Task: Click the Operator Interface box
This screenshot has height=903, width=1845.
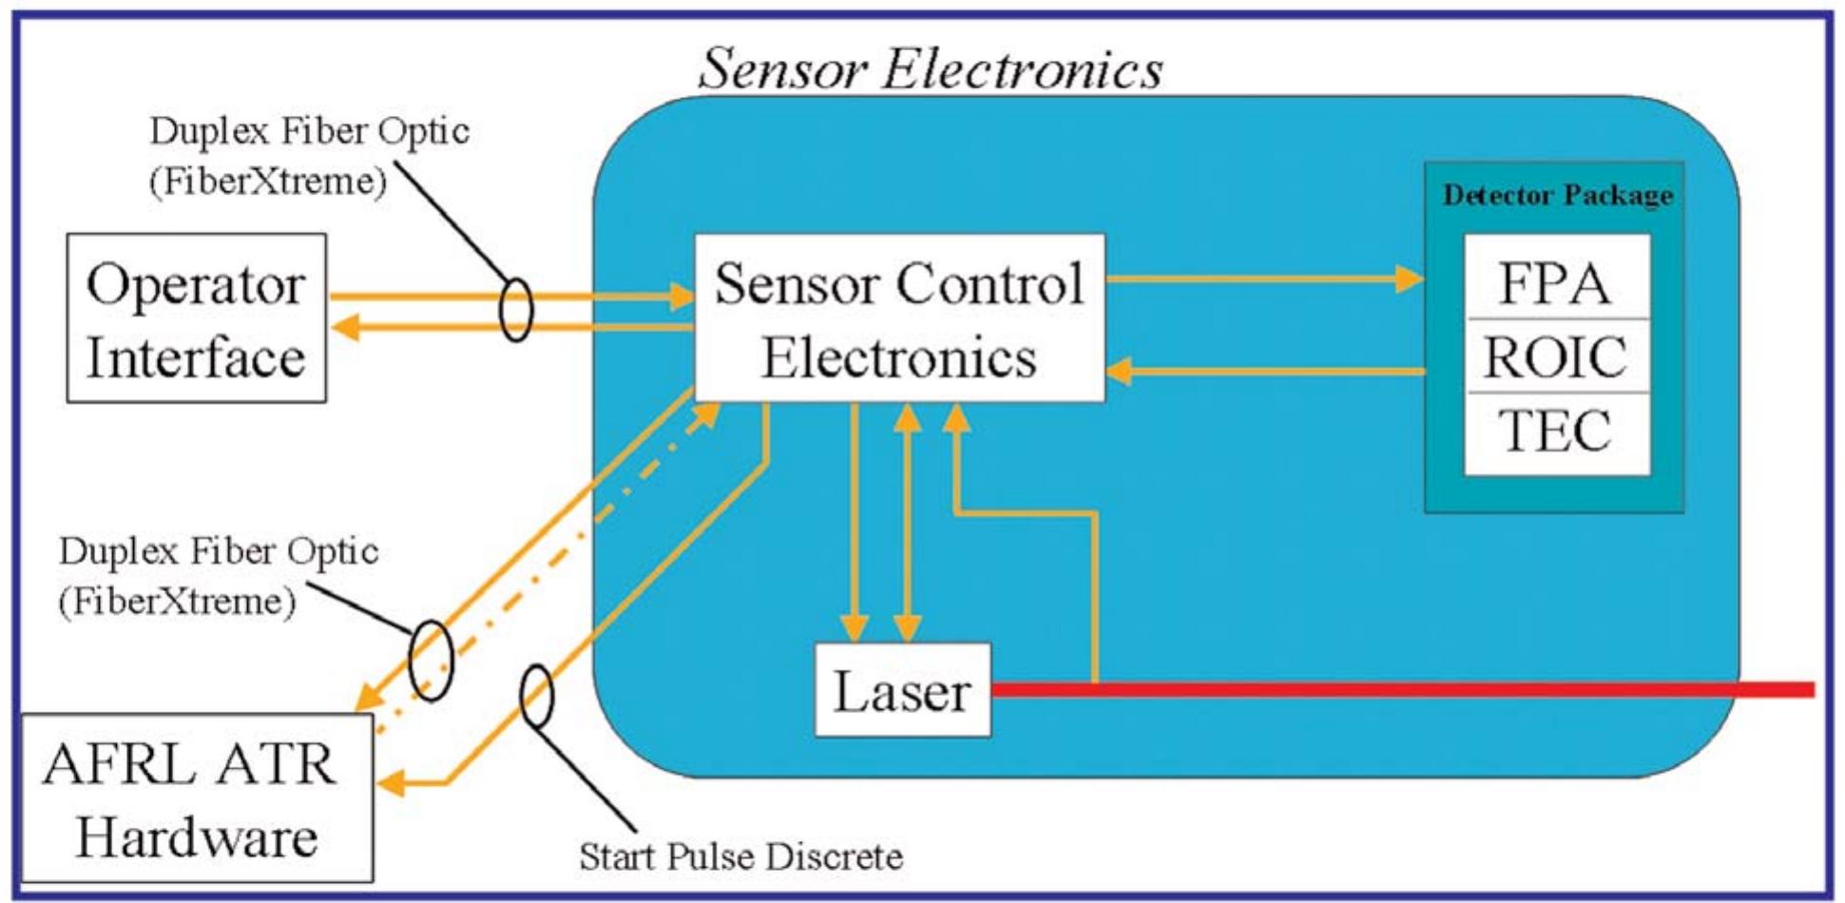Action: [x=196, y=318]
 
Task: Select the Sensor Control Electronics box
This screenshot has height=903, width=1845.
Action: [x=899, y=318]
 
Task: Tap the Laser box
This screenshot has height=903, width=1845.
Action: [x=902, y=691]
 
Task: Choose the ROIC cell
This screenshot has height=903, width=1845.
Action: [x=1555, y=356]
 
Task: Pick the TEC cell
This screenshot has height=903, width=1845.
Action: [x=1555, y=431]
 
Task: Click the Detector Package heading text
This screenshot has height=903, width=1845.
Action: [x=1557, y=195]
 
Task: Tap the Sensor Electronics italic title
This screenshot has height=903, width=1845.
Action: [x=930, y=69]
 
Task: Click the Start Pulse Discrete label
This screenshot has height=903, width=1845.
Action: [x=740, y=856]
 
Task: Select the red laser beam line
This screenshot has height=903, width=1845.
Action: [x=1397, y=689]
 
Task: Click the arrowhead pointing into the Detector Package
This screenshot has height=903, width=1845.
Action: [x=1410, y=279]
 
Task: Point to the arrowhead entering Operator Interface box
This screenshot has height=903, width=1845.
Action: [x=345, y=327]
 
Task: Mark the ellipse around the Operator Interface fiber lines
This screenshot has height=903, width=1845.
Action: [x=515, y=310]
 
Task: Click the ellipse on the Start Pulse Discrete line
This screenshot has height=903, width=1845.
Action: [x=537, y=697]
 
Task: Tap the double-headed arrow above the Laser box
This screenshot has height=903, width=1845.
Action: [x=908, y=523]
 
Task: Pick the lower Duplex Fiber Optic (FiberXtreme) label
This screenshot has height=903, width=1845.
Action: [x=218, y=576]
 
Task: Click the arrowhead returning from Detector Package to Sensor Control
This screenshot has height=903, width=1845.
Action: [x=1120, y=371]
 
